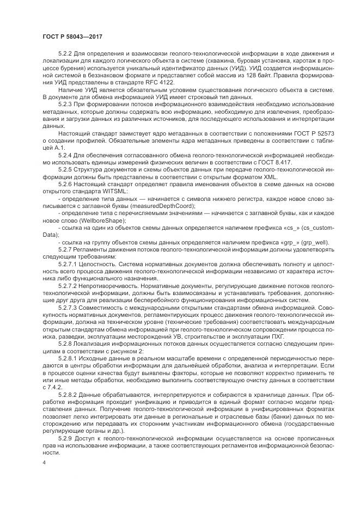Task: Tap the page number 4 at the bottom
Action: (43, 462)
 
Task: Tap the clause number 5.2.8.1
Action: (68, 358)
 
